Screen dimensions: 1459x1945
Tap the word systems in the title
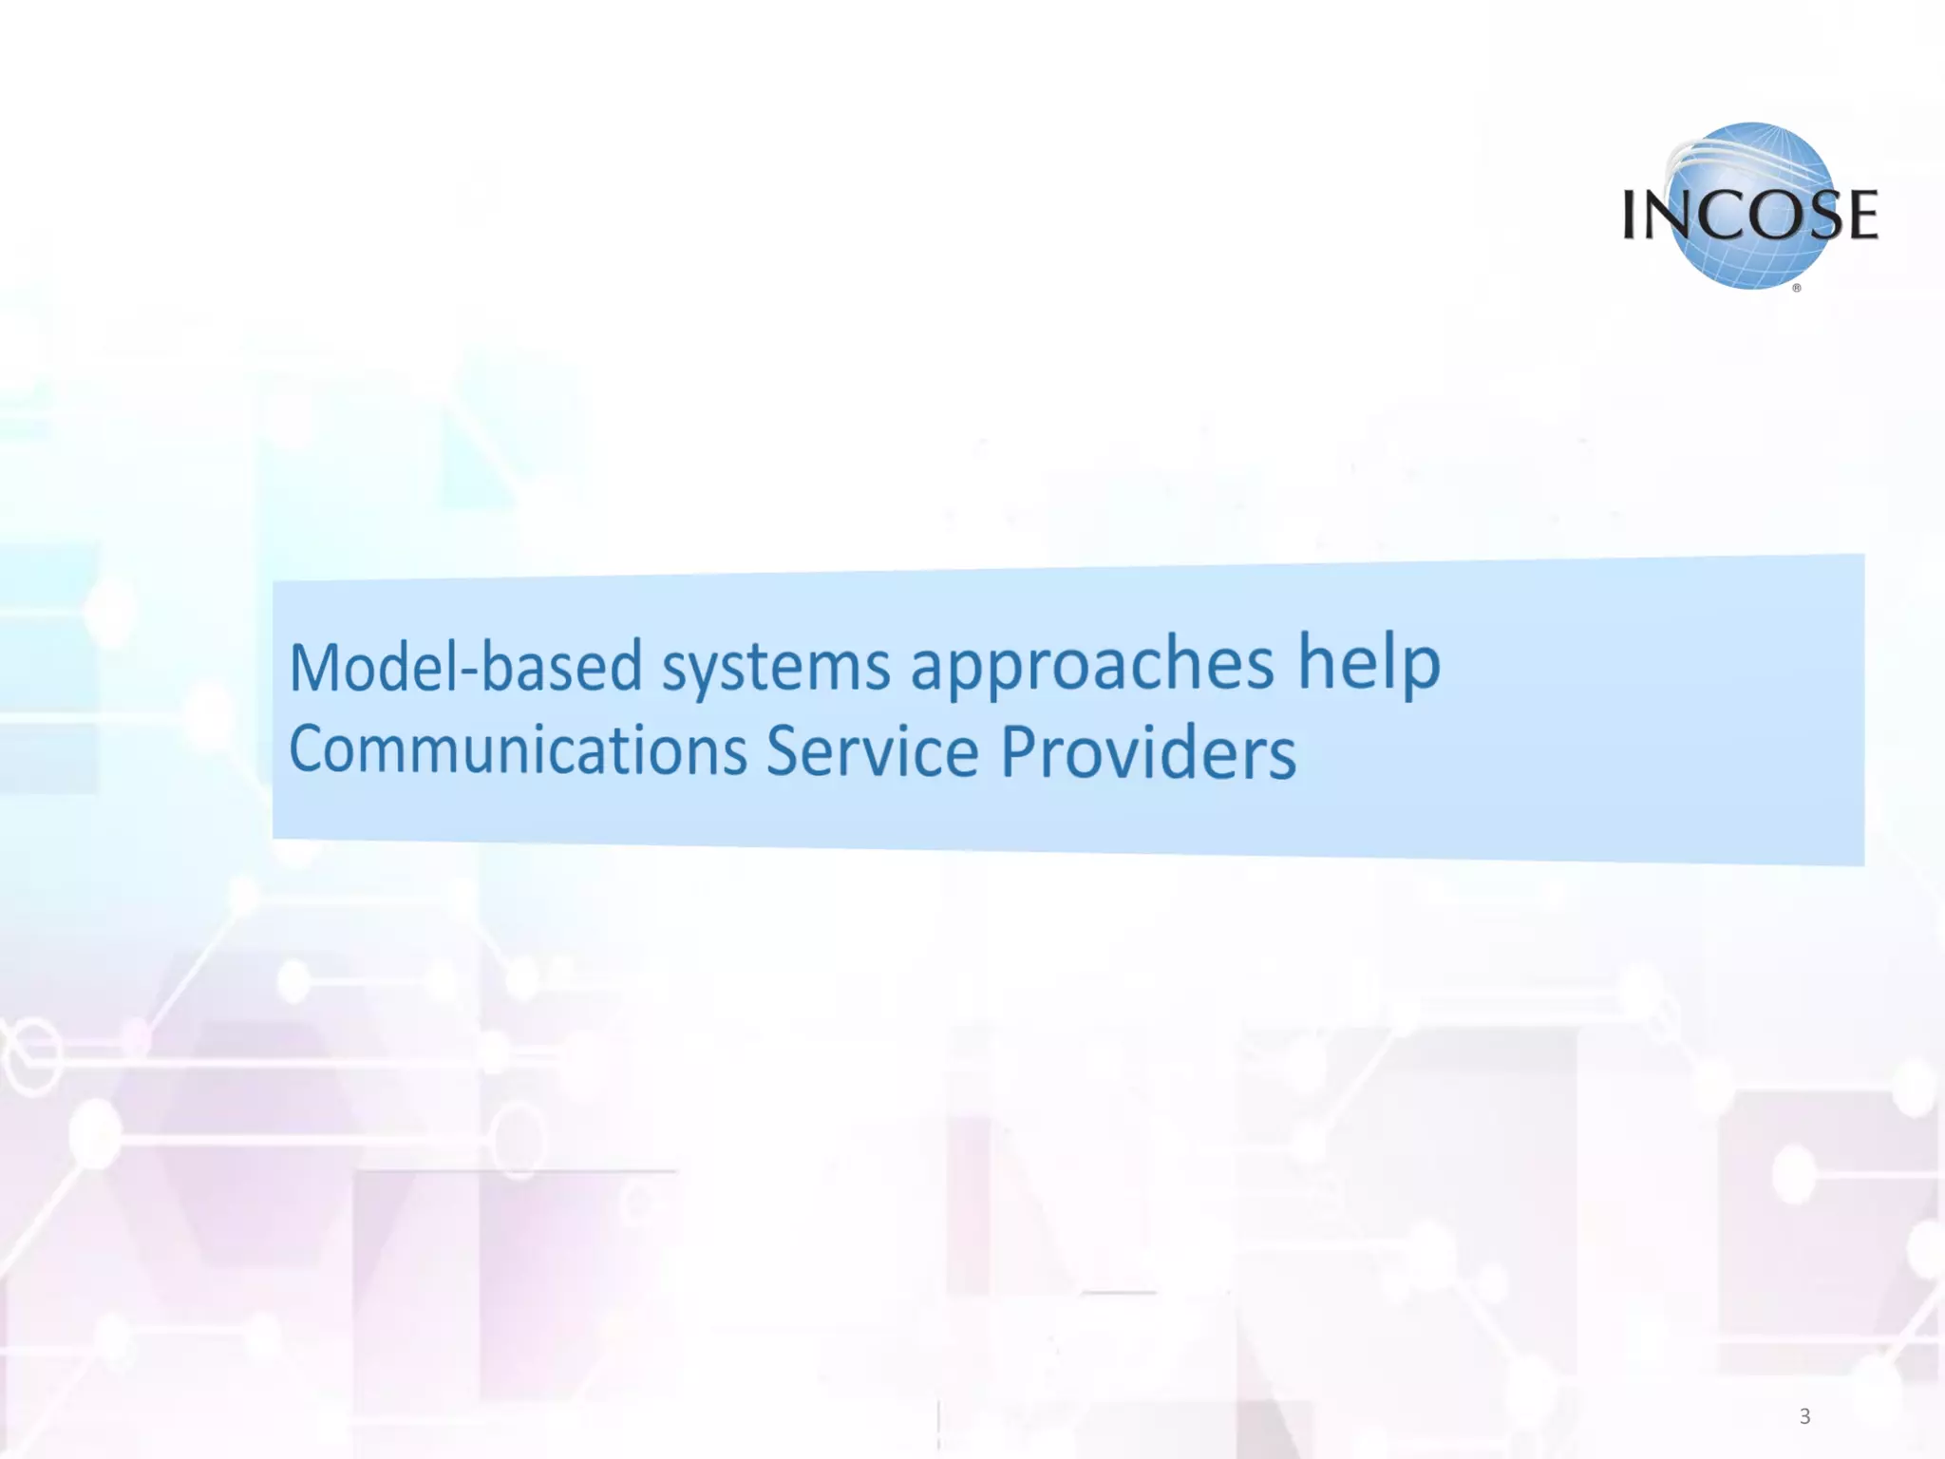coord(776,669)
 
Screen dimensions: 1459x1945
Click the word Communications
coord(518,749)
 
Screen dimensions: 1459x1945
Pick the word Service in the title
coord(872,751)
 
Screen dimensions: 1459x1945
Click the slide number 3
coord(1804,1416)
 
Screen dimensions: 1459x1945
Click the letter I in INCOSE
coord(1632,215)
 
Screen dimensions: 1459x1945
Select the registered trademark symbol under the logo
coord(1797,288)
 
